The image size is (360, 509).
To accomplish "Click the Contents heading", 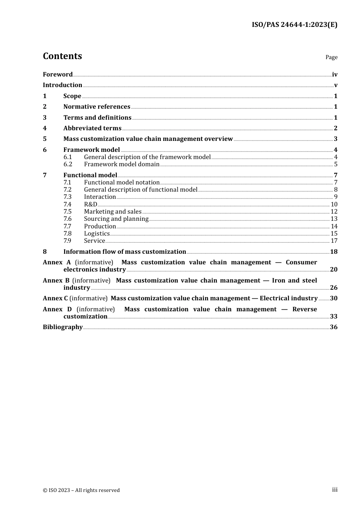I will [62, 56].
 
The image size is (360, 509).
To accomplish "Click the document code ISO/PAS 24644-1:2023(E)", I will [294, 25].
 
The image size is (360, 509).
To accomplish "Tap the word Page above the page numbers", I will [331, 57].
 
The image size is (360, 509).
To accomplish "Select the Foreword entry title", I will [58, 75].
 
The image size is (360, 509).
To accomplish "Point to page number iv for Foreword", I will [335, 75].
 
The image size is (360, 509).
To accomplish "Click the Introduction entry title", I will [63, 85].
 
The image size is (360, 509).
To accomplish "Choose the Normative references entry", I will [97, 107].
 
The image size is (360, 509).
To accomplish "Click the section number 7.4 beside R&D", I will [67, 205].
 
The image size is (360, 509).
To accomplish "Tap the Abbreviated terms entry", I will [92, 128].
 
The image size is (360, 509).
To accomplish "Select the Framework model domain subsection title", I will [122, 164].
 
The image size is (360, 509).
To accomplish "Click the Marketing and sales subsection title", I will [113, 212].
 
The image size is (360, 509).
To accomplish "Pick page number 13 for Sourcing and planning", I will [334, 219].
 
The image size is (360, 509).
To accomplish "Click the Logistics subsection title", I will [97, 234].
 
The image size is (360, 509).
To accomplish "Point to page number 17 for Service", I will [334, 241].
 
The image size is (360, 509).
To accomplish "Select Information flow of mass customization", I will [125, 252].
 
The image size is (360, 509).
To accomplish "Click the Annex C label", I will [53, 298].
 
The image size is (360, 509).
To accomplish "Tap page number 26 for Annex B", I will [333, 288].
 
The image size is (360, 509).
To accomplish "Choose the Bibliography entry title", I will [63, 327].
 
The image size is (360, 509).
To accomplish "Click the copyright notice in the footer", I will [81, 490].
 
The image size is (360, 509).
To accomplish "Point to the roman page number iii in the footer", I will [335, 490].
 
